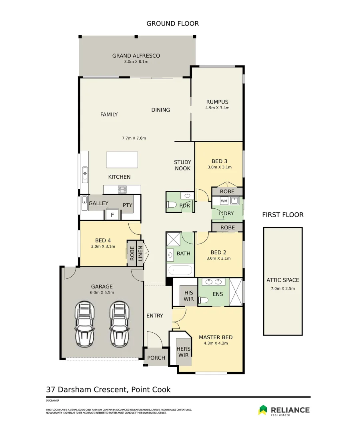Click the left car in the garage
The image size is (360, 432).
point(85,324)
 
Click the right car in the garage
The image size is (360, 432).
point(120,324)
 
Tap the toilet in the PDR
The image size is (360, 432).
point(172,205)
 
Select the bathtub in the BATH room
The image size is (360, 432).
point(180,270)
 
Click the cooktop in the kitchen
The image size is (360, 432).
point(122,190)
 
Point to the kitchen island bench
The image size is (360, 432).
point(122,160)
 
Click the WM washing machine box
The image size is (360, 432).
point(224,201)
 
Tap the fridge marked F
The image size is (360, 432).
point(112,215)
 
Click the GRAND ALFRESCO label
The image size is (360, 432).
point(136,56)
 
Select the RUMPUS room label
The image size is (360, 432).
point(217,102)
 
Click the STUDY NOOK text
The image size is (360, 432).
point(183,165)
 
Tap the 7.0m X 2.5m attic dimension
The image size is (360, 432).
point(283,289)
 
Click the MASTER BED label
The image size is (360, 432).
point(216,337)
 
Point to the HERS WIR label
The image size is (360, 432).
point(184,352)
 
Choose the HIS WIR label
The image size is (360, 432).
point(189,296)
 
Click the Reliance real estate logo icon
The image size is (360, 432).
point(263,410)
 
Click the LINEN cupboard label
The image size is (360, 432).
point(140,254)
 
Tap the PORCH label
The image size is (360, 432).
point(156,358)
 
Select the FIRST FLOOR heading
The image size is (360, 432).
point(283,215)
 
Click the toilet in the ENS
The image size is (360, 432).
point(204,300)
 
